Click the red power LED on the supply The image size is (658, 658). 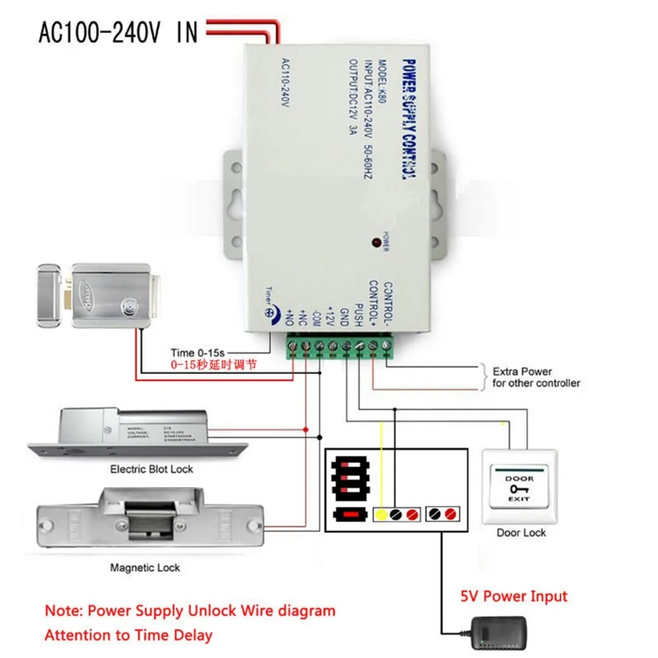point(377,242)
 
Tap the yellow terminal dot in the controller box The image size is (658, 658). point(380,513)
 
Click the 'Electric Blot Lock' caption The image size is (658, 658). point(152,469)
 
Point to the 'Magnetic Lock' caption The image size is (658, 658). point(145,567)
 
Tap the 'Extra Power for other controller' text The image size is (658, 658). point(536,377)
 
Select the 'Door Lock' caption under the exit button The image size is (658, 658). point(521,532)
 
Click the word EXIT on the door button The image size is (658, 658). point(519,501)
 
